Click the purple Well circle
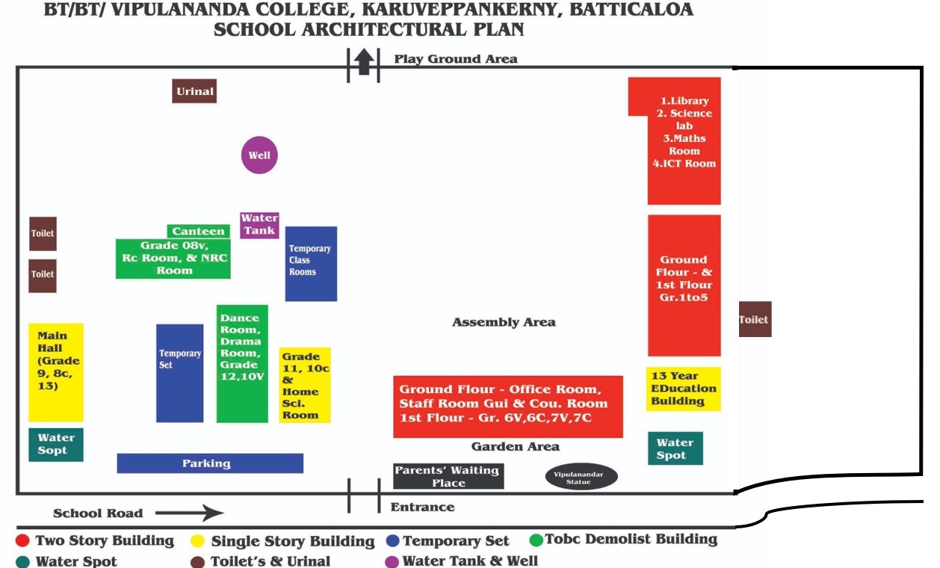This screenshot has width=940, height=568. (x=259, y=155)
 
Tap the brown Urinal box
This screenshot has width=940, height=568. (x=194, y=91)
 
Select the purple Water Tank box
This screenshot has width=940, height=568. (x=259, y=224)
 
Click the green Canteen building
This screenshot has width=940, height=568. (x=198, y=231)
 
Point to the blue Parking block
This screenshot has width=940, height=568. (x=210, y=463)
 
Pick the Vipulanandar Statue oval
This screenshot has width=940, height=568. (x=581, y=476)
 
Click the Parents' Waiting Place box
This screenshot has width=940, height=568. (x=448, y=476)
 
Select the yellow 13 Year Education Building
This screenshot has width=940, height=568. (x=683, y=389)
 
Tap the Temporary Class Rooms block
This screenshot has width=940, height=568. (x=311, y=263)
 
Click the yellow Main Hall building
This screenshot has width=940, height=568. (x=56, y=371)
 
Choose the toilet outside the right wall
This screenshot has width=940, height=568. (x=754, y=319)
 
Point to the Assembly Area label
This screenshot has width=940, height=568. (x=504, y=322)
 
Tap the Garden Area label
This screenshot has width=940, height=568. (x=515, y=446)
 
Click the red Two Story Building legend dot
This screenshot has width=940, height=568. (x=23, y=540)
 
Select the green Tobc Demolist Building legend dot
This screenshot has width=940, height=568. (x=535, y=539)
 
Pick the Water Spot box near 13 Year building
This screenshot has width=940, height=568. (x=675, y=448)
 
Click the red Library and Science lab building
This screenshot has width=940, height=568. (x=684, y=141)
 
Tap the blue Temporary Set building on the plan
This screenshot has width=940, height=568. (x=179, y=372)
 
